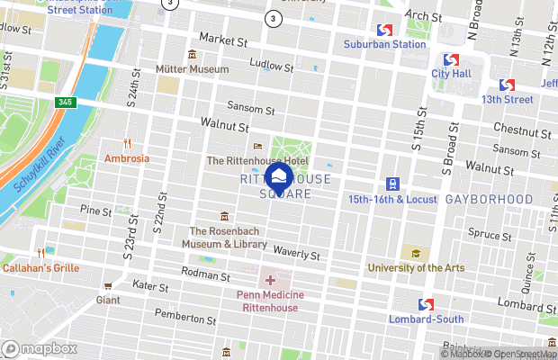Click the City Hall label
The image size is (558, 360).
click(x=453, y=73)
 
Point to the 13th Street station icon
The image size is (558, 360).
click(x=507, y=85)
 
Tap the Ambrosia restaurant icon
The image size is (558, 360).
click(x=127, y=143)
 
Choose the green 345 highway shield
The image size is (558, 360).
click(x=66, y=102)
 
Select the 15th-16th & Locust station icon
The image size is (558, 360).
click(x=392, y=184)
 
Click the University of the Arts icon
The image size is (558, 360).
click(x=415, y=254)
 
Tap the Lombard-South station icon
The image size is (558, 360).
click(x=425, y=304)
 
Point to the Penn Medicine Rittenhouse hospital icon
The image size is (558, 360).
click(x=270, y=281)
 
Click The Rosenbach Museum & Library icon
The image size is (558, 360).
click(x=224, y=216)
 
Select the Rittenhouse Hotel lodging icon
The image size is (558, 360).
click(x=258, y=147)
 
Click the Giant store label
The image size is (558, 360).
click(x=107, y=299)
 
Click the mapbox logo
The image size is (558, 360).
click(x=40, y=348)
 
